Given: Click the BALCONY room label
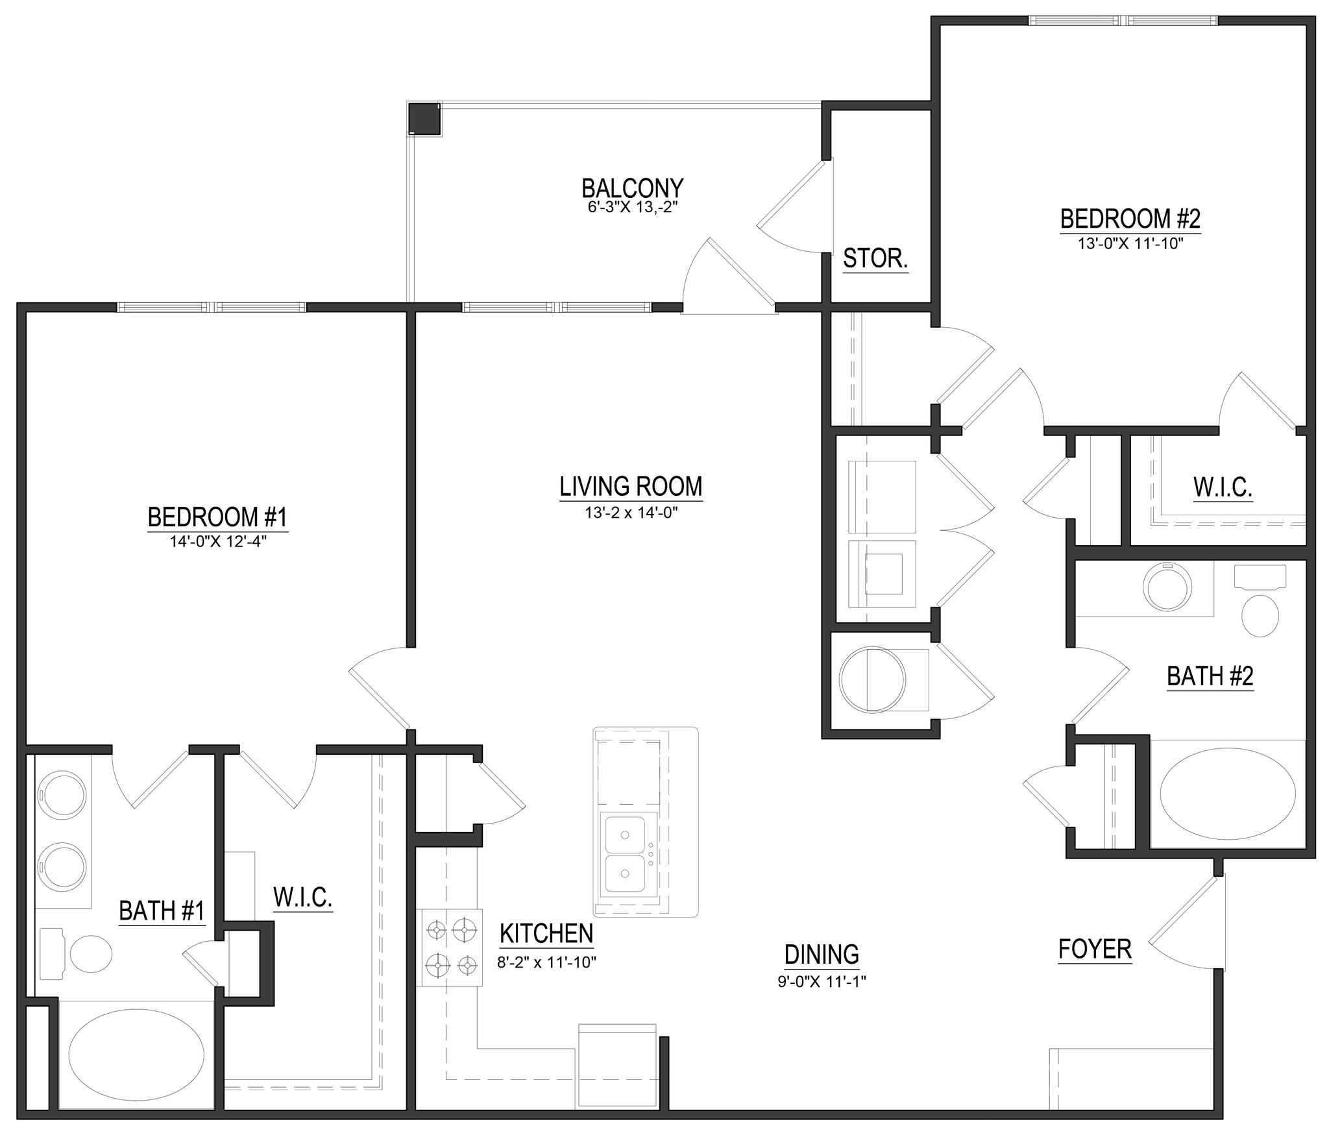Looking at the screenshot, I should [x=632, y=188].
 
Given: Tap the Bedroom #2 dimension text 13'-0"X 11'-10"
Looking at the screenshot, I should [x=1130, y=244].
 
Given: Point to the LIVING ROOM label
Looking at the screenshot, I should [x=631, y=486].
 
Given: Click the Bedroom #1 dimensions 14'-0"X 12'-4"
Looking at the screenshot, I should [x=219, y=541].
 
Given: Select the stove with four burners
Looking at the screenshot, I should [x=452, y=947].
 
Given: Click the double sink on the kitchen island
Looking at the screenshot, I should [x=626, y=853].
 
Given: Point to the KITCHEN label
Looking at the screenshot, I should [x=546, y=933].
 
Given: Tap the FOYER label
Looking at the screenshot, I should [x=1095, y=949].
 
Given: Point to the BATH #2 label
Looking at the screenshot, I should [x=1210, y=676].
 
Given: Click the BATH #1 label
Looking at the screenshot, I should [x=162, y=911].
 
